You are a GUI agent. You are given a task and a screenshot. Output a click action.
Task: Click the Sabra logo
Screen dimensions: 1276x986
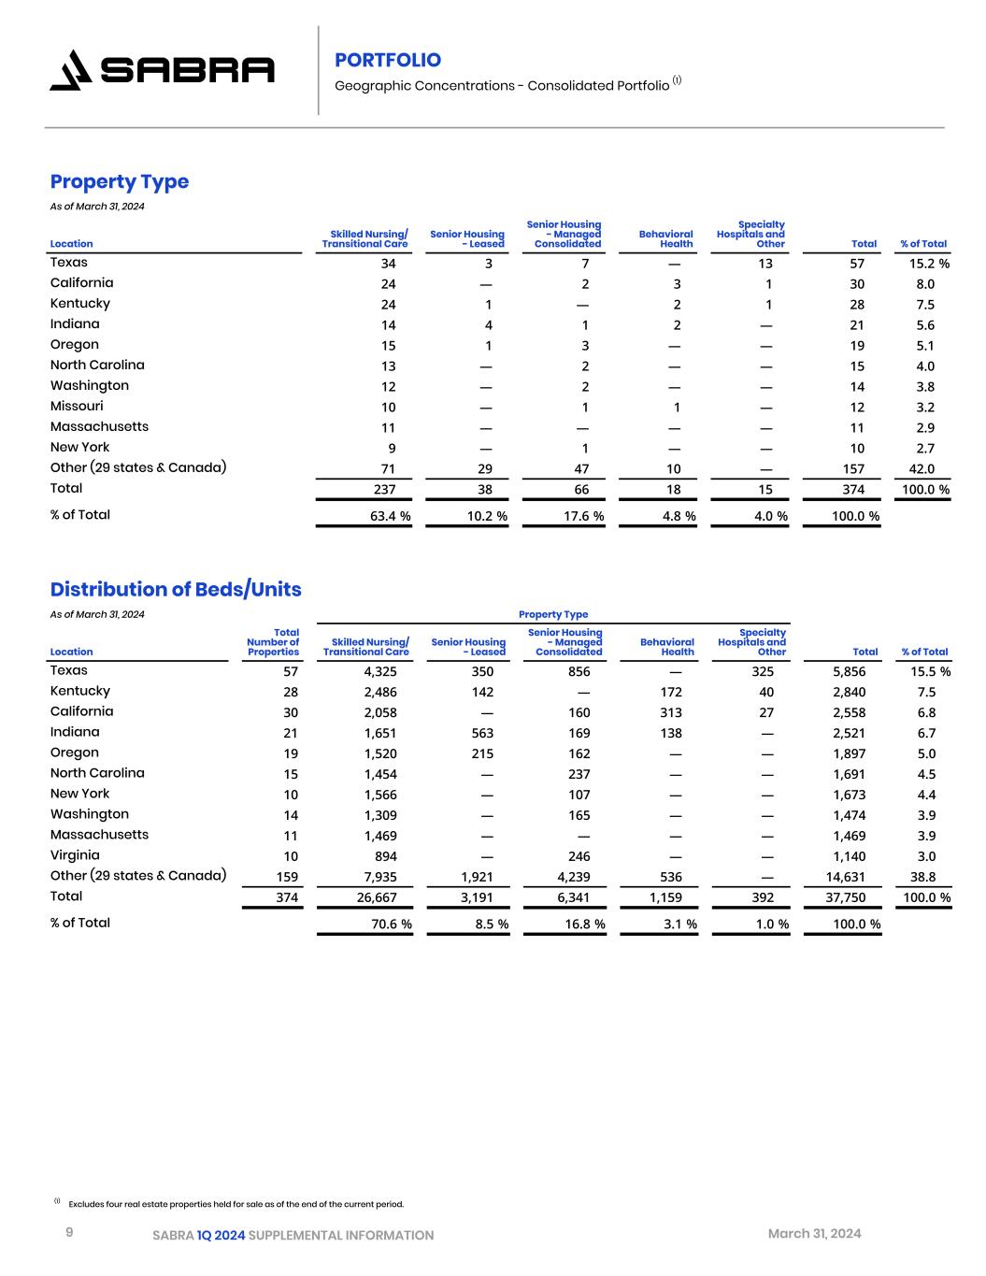click(162, 70)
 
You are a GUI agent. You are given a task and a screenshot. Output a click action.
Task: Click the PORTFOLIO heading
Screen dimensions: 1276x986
click(388, 60)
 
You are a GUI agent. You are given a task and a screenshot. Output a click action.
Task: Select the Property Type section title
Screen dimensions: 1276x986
click(120, 181)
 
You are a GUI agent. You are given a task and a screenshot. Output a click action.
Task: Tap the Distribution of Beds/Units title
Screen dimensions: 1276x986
click(176, 589)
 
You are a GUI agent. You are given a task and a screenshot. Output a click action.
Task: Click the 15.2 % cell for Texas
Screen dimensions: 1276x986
click(929, 264)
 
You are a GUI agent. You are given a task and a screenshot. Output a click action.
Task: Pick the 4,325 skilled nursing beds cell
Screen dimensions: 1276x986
click(380, 671)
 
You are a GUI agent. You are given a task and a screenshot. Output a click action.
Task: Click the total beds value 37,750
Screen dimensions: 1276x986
click(849, 897)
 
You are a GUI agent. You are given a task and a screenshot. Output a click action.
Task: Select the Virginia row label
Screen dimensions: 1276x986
click(75, 855)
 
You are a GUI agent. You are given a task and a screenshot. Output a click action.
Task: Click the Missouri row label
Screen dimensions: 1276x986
click(77, 406)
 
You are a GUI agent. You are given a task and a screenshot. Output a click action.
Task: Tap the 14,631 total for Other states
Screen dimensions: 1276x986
click(849, 877)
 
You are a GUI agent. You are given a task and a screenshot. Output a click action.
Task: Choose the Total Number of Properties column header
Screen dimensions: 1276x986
click(273, 642)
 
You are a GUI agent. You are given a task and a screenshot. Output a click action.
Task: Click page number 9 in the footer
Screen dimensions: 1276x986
click(69, 1233)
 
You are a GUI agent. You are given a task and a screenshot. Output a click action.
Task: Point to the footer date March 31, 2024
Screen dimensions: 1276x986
click(814, 1234)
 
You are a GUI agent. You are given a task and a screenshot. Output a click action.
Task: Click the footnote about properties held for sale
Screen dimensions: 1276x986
click(236, 1204)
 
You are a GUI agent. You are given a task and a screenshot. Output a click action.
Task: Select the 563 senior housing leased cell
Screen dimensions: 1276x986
click(482, 733)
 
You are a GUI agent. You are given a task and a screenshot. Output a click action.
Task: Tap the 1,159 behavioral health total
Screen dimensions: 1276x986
click(665, 897)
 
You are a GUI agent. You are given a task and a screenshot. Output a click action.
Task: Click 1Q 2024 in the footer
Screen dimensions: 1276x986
click(221, 1236)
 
